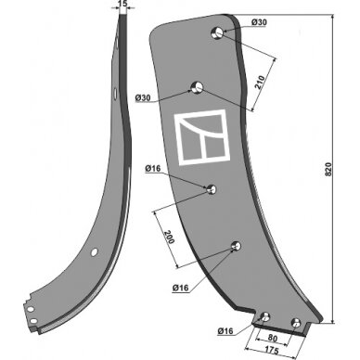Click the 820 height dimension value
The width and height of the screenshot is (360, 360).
click(x=328, y=169)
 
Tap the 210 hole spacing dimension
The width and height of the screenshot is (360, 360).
click(x=260, y=82)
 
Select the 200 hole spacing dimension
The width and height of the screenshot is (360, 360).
click(x=169, y=237)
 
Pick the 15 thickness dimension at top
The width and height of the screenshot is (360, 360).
click(x=122, y=3)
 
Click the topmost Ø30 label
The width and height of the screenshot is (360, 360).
click(x=259, y=22)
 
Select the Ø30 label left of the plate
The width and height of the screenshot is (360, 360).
click(x=143, y=98)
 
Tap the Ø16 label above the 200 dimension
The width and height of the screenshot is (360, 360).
click(x=153, y=169)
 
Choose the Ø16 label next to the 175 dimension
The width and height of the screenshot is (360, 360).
click(x=225, y=331)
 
